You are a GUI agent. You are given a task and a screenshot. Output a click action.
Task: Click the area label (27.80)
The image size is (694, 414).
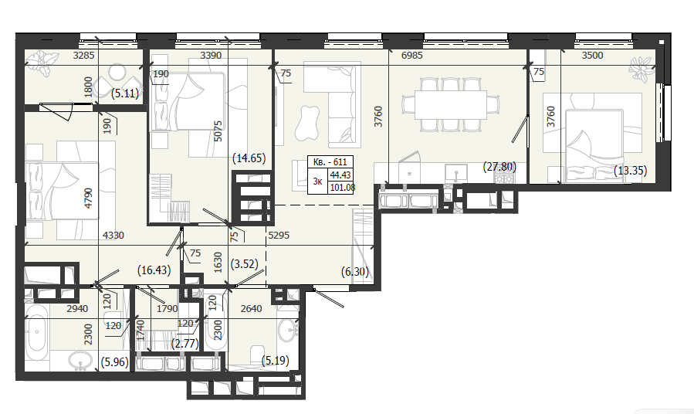tap(499, 168)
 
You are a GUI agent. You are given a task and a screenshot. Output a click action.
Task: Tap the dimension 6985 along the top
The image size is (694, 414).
tap(411, 56)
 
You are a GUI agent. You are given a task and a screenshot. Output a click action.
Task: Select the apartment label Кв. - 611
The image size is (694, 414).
tap(330, 162)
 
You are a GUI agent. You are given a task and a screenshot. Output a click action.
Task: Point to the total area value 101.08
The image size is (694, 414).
tap(342, 187)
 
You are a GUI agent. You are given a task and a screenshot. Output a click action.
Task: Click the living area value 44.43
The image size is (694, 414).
tap(340, 175)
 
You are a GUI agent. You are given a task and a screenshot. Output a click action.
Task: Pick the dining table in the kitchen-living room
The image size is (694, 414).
tap(451, 105)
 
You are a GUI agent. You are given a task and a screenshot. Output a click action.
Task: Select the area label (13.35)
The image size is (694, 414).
tap(630, 171)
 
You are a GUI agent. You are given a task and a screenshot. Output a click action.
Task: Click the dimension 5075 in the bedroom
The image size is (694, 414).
tap(218, 131)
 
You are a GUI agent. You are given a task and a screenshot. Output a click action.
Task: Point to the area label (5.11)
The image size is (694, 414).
tap(125, 93)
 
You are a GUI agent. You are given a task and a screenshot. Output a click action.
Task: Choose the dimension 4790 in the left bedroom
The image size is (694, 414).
tap(89, 198)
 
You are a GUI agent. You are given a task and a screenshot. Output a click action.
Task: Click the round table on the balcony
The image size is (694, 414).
tap(117, 73)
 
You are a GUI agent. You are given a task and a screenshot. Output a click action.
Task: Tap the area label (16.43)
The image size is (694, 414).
tap(154, 270)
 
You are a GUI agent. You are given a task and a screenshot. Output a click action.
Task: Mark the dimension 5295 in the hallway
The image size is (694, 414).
tap(279, 236)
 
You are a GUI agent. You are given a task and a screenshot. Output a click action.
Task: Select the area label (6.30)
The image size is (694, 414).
tap(355, 272)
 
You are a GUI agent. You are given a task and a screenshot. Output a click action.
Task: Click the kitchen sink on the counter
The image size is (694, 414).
tap(456, 173)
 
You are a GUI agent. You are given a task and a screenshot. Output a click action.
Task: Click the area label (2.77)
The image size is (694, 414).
tap(185, 343)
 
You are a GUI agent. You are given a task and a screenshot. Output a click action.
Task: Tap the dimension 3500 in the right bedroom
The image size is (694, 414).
tap(592, 56)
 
